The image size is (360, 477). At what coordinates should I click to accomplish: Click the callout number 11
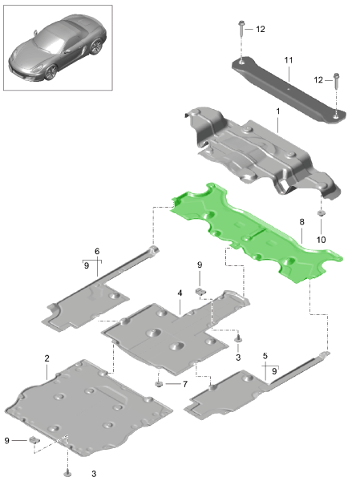pos(289,59)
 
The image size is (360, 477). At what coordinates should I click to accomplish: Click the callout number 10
pos(321,239)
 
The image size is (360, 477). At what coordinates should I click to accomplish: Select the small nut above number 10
pos(320,215)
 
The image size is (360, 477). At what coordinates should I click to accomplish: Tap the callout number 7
pos(184,384)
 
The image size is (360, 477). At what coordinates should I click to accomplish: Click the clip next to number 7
pos(160,383)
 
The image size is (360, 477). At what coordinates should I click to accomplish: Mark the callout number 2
pos(47,358)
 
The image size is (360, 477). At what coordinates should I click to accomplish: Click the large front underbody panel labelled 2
pos(88,405)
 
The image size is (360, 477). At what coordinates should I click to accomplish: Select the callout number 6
pos(97,251)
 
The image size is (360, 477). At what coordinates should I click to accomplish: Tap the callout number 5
pos(265,355)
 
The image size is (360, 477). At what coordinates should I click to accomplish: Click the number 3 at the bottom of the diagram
pos(93,474)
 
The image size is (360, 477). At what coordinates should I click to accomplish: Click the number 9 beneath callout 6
pos(87,264)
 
